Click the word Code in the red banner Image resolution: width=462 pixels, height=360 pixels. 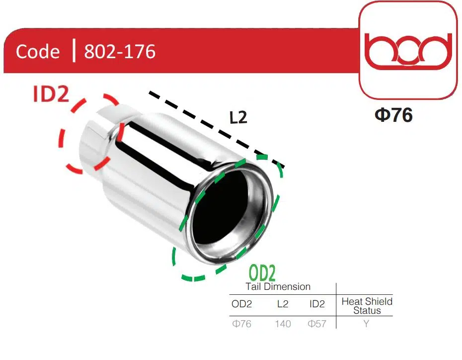point(38,52)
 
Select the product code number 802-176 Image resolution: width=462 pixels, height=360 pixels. point(120,52)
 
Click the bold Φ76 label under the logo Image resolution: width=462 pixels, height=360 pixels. point(393,115)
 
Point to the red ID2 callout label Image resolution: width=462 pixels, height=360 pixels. point(51,94)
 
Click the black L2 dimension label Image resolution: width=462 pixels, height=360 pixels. point(238,117)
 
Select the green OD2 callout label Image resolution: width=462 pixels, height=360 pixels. point(262,273)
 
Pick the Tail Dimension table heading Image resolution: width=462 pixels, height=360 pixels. point(278,287)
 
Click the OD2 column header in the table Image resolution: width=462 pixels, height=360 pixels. point(242,304)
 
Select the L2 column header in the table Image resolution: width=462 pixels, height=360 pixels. point(282,304)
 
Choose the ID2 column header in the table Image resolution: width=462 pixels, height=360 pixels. point(317,304)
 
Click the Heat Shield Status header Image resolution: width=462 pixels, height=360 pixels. point(367,306)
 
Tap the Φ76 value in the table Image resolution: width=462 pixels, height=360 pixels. point(242,324)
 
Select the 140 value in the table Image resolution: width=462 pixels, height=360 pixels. point(283,324)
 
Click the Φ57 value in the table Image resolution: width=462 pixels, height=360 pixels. point(317,324)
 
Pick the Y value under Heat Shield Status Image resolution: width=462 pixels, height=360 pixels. point(366,324)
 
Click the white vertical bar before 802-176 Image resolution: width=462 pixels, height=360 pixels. point(74,51)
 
